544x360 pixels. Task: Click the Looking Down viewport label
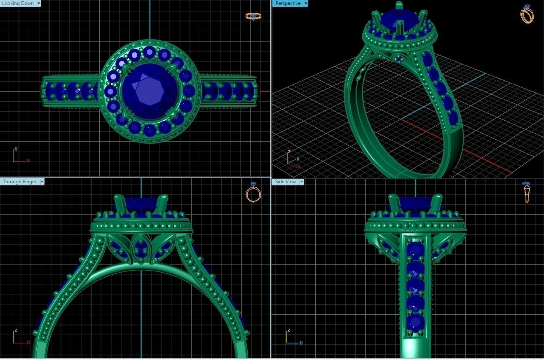point(18,3)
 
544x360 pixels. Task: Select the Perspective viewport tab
point(288,3)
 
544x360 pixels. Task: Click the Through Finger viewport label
point(19,182)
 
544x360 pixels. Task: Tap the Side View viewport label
point(285,182)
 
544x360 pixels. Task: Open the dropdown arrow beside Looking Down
point(39,3)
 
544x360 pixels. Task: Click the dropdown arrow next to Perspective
point(305,3)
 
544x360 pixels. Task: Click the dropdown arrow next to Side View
point(301,182)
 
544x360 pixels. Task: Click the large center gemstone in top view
point(150,91)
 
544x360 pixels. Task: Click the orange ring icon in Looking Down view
point(253,16)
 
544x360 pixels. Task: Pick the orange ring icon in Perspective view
point(527,14)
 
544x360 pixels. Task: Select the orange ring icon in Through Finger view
point(253,192)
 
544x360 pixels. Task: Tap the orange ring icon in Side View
point(526,192)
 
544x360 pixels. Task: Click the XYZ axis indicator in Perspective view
point(293,160)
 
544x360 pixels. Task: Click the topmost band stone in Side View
point(415,250)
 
